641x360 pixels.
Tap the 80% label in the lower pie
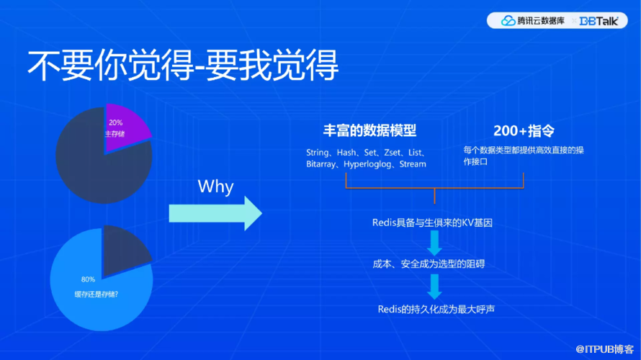tap(88, 279)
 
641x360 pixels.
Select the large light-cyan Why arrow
tap(215, 213)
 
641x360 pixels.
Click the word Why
tap(215, 186)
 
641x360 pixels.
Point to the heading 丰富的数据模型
tap(369, 131)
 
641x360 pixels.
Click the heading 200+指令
tap(524, 131)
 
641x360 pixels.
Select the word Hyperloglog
tap(367, 164)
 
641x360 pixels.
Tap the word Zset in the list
tap(392, 153)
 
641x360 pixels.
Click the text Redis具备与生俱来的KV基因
tap(432, 222)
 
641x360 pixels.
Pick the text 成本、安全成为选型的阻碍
tap(429, 264)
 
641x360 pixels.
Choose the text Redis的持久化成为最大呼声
tap(436, 310)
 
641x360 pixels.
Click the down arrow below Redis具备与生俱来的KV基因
tap(434, 243)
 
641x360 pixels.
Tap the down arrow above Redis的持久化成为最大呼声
tap(434, 287)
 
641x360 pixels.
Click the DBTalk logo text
tap(599, 21)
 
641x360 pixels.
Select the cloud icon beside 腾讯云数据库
tap(508, 20)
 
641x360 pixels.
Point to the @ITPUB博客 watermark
tap(604, 349)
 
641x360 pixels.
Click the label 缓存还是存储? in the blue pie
tap(96, 294)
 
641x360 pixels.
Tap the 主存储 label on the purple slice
tap(115, 134)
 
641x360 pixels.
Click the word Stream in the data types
tap(413, 164)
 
